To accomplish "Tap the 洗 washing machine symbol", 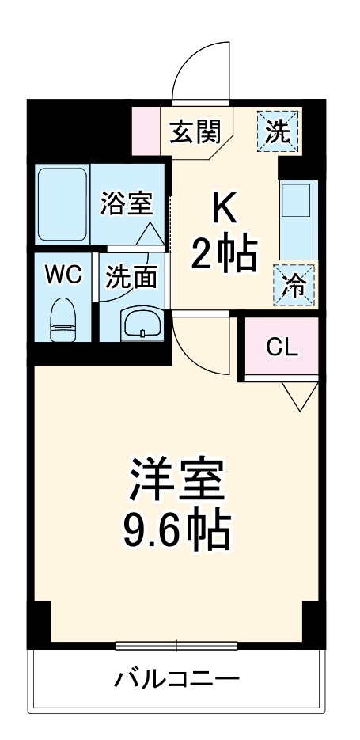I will click(x=279, y=130).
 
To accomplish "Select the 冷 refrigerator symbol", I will click(x=294, y=284).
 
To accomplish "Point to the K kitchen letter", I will click(x=223, y=208).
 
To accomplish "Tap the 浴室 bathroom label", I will click(x=126, y=203).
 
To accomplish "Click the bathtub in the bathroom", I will click(x=63, y=206).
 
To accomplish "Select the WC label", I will click(x=63, y=274).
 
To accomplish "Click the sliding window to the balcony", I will click(x=176, y=645).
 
